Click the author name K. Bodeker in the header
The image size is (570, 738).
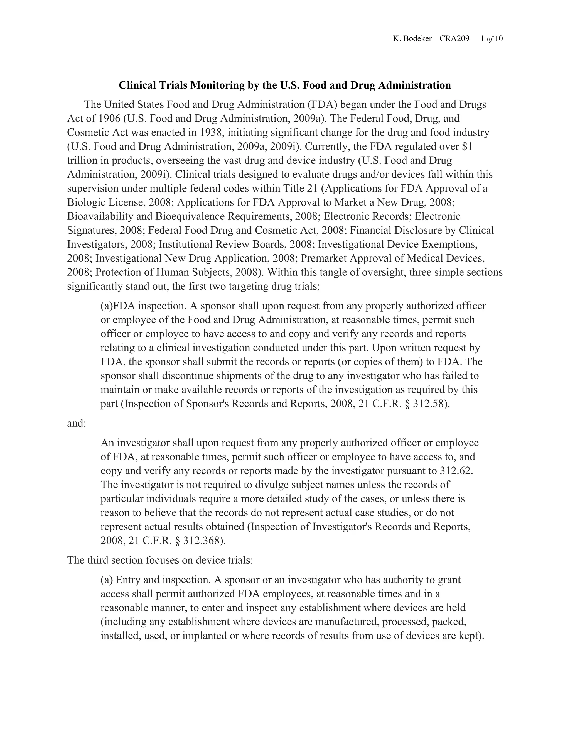412,39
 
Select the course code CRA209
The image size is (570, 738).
454,39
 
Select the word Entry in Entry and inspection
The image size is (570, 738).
129,580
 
